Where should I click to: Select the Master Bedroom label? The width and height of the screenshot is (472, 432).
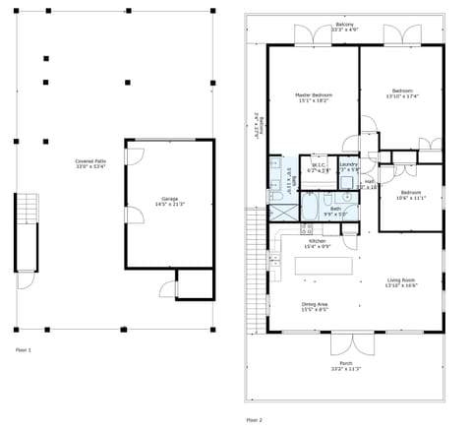coord(314,97)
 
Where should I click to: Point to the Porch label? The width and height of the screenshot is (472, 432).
coord(345,366)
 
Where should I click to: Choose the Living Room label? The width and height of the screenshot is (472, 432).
coord(401,282)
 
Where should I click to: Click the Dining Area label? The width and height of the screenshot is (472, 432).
coord(315,306)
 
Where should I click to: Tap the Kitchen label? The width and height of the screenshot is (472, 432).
coord(317,243)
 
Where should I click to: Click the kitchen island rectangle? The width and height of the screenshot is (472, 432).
coord(324,266)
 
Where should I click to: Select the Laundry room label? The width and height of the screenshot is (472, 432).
coord(348,166)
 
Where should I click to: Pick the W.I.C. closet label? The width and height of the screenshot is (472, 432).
coord(319,167)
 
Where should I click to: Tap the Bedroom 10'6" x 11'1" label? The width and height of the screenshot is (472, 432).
coord(411,195)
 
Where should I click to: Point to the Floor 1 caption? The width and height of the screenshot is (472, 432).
coord(24,349)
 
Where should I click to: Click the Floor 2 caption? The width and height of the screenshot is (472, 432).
coord(255,420)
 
